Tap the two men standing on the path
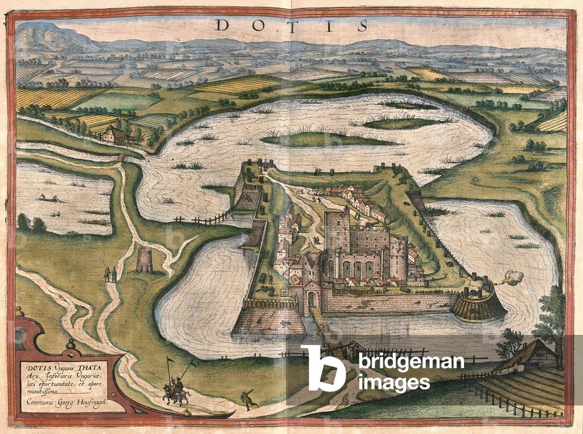click(x=110, y=274)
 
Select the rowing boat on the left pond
click(x=48, y=198)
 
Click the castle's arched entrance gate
click(x=311, y=298)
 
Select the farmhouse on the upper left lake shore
click(x=117, y=135)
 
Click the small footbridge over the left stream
click(x=120, y=158)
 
